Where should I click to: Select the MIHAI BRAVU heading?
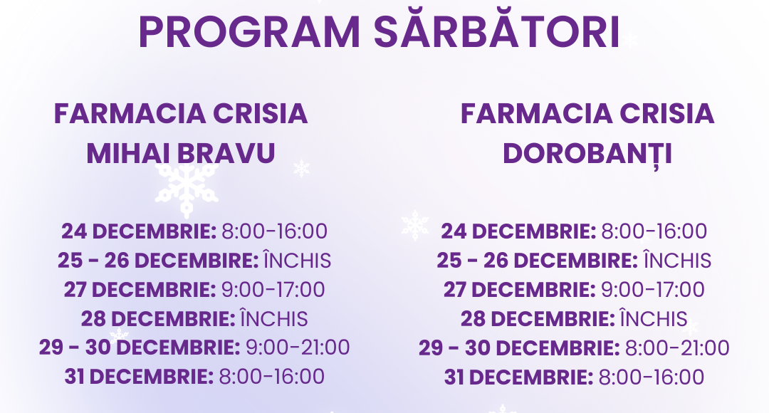pyautogui.click(x=181, y=153)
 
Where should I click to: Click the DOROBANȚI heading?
pyautogui.click(x=587, y=153)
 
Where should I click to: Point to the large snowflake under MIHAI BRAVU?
pyautogui.click(x=187, y=187)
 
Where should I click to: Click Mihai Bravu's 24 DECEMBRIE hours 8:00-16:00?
pyautogui.click(x=274, y=231)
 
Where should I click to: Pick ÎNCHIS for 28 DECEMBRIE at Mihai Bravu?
pyautogui.click(x=274, y=318)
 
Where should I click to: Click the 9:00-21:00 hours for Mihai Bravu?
pyautogui.click(x=298, y=347)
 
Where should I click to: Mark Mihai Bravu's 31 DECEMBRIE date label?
pyautogui.click(x=139, y=377)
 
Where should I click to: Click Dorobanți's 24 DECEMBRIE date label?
pyautogui.click(x=518, y=231)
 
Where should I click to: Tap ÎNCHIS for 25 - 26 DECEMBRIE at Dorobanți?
pyautogui.click(x=676, y=261)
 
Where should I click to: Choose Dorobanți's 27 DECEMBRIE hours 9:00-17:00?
pyautogui.click(x=653, y=290)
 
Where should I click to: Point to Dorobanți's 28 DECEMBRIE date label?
pyautogui.click(x=537, y=318)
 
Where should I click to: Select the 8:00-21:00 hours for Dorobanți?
pyautogui.click(x=677, y=347)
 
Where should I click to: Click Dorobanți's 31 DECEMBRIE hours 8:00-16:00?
pyautogui.click(x=652, y=377)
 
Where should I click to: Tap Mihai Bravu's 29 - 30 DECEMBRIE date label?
pyautogui.click(x=140, y=347)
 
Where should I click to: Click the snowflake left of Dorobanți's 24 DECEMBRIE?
pyautogui.click(x=415, y=225)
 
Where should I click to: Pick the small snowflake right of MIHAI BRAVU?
pyautogui.click(x=302, y=169)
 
